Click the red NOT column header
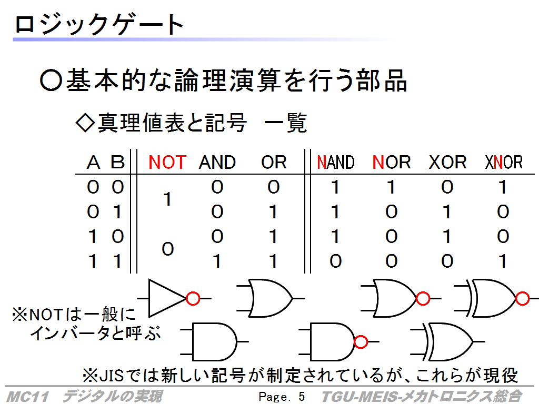(x=167, y=162)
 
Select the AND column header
(x=217, y=162)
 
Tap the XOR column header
(x=447, y=162)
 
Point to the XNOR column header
(x=504, y=162)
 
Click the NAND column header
(x=335, y=162)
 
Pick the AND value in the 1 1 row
(x=217, y=261)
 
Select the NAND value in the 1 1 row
(x=335, y=261)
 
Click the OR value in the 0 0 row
(x=274, y=187)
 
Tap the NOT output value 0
(x=168, y=249)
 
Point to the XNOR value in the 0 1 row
(x=503, y=211)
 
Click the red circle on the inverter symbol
(x=193, y=299)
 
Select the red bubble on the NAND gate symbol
(x=361, y=342)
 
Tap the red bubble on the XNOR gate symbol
(x=523, y=299)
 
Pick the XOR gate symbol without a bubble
(x=447, y=341)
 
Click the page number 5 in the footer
(x=302, y=397)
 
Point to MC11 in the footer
(x=28, y=397)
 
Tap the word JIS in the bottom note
(x=112, y=375)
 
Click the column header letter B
(x=117, y=162)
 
